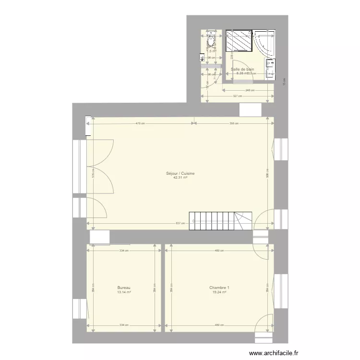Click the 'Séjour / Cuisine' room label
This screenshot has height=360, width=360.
tap(180, 173)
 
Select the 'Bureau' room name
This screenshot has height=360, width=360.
tap(124, 288)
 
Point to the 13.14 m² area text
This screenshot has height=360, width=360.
tap(124, 292)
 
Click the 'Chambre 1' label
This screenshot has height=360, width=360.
tap(219, 288)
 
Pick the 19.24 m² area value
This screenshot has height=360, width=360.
tap(219, 292)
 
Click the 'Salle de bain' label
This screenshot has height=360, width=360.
tap(242, 70)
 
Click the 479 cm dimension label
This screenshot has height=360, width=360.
tap(140, 123)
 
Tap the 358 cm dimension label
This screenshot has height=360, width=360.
tap(234, 123)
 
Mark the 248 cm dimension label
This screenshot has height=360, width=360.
tap(248, 90)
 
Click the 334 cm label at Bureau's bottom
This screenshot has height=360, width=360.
tap(124, 325)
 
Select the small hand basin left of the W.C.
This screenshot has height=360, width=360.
tap(202, 57)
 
